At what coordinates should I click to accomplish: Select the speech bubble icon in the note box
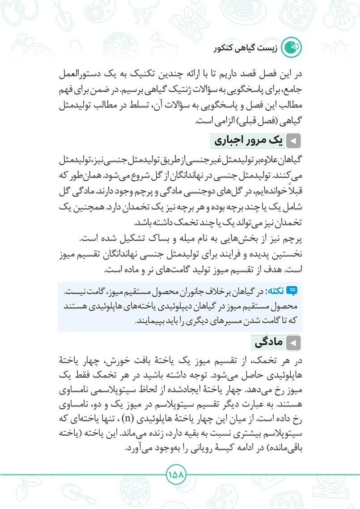(293, 292)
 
